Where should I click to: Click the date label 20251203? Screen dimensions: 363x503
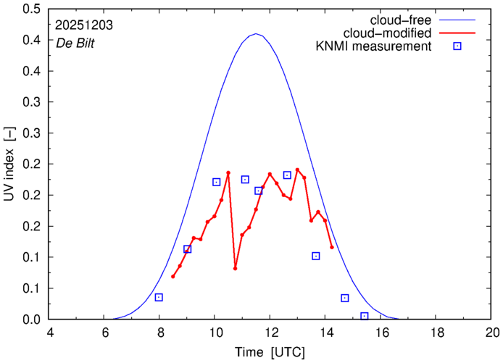(x=83, y=25)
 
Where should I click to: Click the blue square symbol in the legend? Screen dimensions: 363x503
(x=458, y=47)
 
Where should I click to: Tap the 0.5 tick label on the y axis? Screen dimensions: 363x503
(x=31, y=9)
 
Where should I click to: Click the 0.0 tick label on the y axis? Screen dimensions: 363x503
(x=31, y=320)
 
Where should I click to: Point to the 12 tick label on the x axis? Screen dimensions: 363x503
(x=270, y=333)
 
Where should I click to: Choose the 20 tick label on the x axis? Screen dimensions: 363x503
(x=493, y=333)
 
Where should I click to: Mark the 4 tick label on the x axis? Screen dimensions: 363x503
(x=49, y=333)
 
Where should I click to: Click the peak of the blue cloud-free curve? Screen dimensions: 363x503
(x=255, y=34)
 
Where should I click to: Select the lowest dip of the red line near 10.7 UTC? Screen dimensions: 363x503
(x=236, y=268)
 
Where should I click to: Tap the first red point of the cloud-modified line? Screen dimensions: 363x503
(x=172, y=276)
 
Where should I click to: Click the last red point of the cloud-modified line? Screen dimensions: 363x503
(x=332, y=247)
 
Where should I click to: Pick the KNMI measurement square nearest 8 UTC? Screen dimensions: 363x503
(x=159, y=297)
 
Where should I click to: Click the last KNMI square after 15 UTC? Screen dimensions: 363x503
(x=365, y=316)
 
